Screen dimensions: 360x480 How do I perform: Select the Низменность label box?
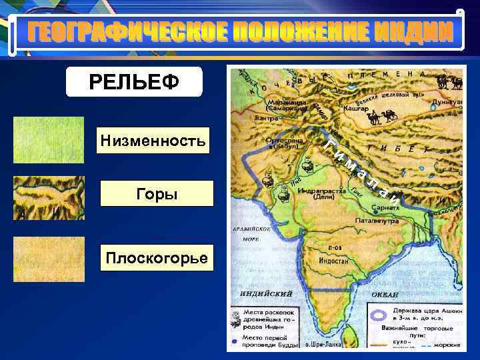pyautogui.click(x=153, y=140)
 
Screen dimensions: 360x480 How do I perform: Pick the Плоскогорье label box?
pyautogui.click(x=157, y=257)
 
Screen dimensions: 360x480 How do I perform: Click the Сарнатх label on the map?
pyautogui.click(x=386, y=208)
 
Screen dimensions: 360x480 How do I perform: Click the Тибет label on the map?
pyautogui.click(x=396, y=149)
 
